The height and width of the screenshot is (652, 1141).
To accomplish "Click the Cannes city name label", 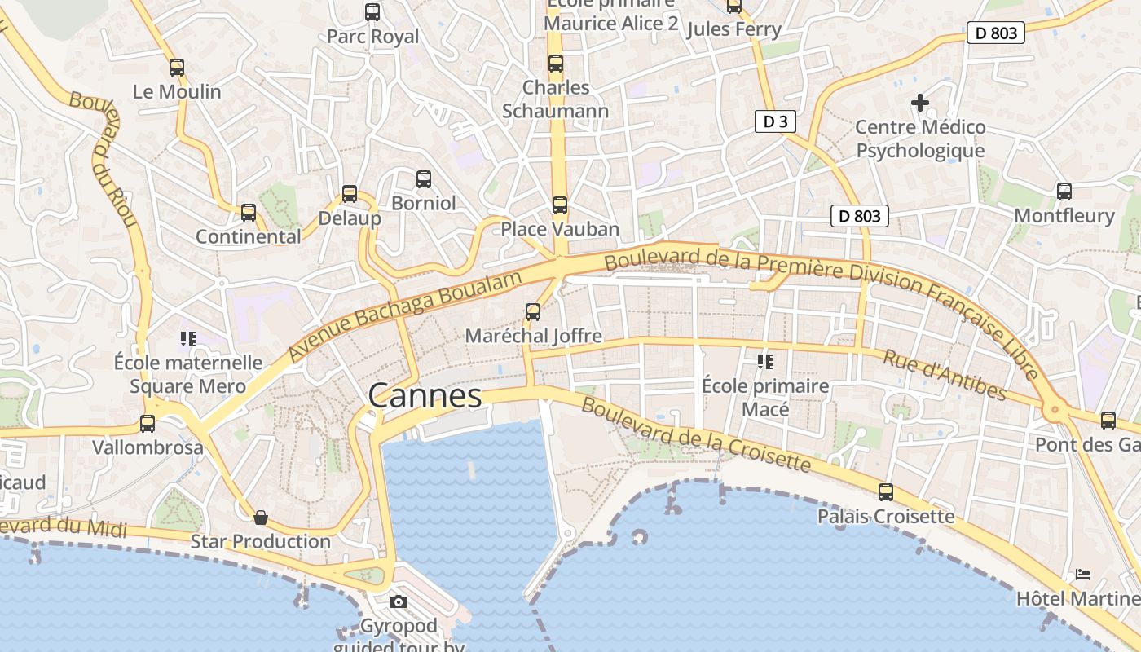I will coord(425,396).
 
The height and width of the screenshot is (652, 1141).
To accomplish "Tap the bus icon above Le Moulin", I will coord(177,68).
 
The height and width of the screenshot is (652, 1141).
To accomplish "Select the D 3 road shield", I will coord(774,122).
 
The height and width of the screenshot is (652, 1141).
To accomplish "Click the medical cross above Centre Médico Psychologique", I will coord(920,103).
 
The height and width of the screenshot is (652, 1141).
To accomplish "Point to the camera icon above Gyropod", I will coord(399,602).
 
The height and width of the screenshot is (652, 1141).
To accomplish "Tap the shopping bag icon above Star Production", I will coord(261,518).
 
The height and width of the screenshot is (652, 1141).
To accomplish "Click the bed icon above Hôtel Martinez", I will coord(1083,575).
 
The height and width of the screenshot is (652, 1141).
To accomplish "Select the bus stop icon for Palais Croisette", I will coord(886,492).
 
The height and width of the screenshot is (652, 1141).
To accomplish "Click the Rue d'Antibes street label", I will coord(945,375).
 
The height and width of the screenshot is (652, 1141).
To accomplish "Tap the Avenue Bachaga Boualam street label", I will coord(405,316).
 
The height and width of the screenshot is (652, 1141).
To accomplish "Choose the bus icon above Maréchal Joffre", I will coord(533,311).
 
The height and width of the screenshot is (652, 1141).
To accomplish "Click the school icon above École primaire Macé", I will coord(764,361).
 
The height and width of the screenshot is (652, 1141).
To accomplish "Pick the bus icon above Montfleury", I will coord(1064,192).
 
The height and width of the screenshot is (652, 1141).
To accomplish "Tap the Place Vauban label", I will coord(560,229).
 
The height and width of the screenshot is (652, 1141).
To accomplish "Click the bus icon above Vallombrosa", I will coord(148,424).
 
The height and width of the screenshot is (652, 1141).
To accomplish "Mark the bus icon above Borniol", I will coord(424,179).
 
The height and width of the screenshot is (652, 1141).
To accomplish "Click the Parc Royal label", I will coord(372,37).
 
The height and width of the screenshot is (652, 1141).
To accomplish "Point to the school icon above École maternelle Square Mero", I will coord(188,338).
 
